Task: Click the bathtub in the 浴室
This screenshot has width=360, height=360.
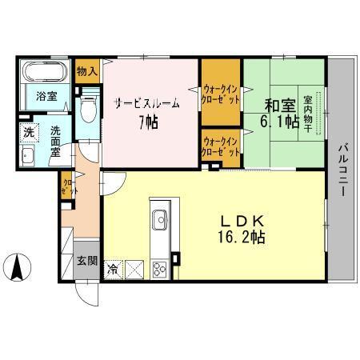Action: point(44,74)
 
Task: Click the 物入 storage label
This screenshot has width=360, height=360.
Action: point(88,71)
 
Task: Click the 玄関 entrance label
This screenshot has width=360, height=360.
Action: point(87,261)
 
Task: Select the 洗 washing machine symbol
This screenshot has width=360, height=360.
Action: point(27,131)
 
